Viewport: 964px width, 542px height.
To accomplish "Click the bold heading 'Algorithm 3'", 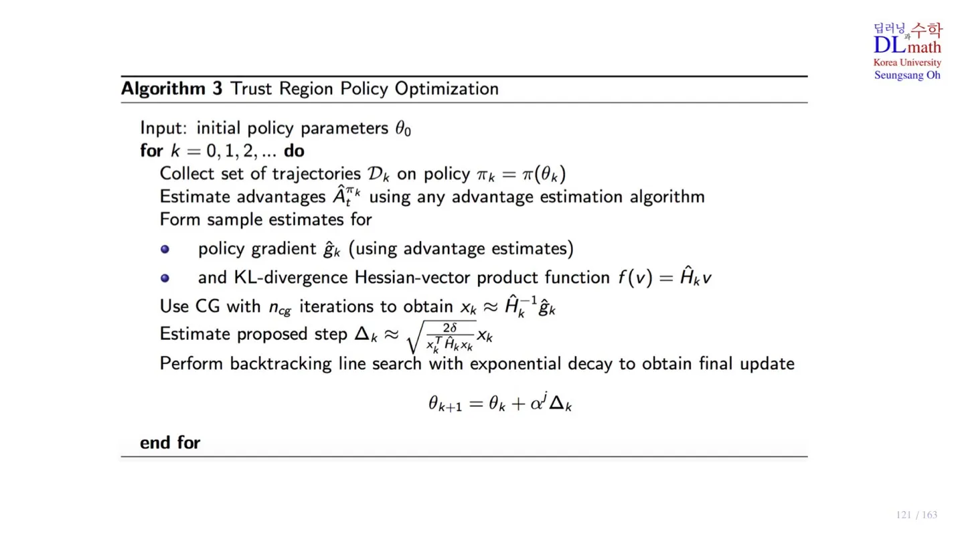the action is pos(171,89).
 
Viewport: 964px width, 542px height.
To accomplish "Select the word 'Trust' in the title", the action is pos(252,89).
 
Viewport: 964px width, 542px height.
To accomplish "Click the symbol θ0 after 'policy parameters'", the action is pos(402,128).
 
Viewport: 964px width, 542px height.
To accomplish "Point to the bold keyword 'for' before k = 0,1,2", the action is pos(151,151).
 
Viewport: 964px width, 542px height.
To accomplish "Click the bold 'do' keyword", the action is pos(294,151).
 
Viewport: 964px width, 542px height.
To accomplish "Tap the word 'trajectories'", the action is pos(316,174).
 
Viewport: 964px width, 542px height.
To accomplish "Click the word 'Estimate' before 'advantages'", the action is pos(192,197).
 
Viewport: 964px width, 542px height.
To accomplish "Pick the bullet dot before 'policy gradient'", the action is pos(165,250).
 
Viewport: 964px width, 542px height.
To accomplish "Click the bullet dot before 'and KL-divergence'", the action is pos(165,278).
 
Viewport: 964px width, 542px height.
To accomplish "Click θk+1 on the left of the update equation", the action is pos(445,404).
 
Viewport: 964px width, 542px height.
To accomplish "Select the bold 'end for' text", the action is pos(170,442).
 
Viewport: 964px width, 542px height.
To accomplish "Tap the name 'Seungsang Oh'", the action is pos(907,75).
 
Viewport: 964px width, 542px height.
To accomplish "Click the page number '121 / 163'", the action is pos(916,515).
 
